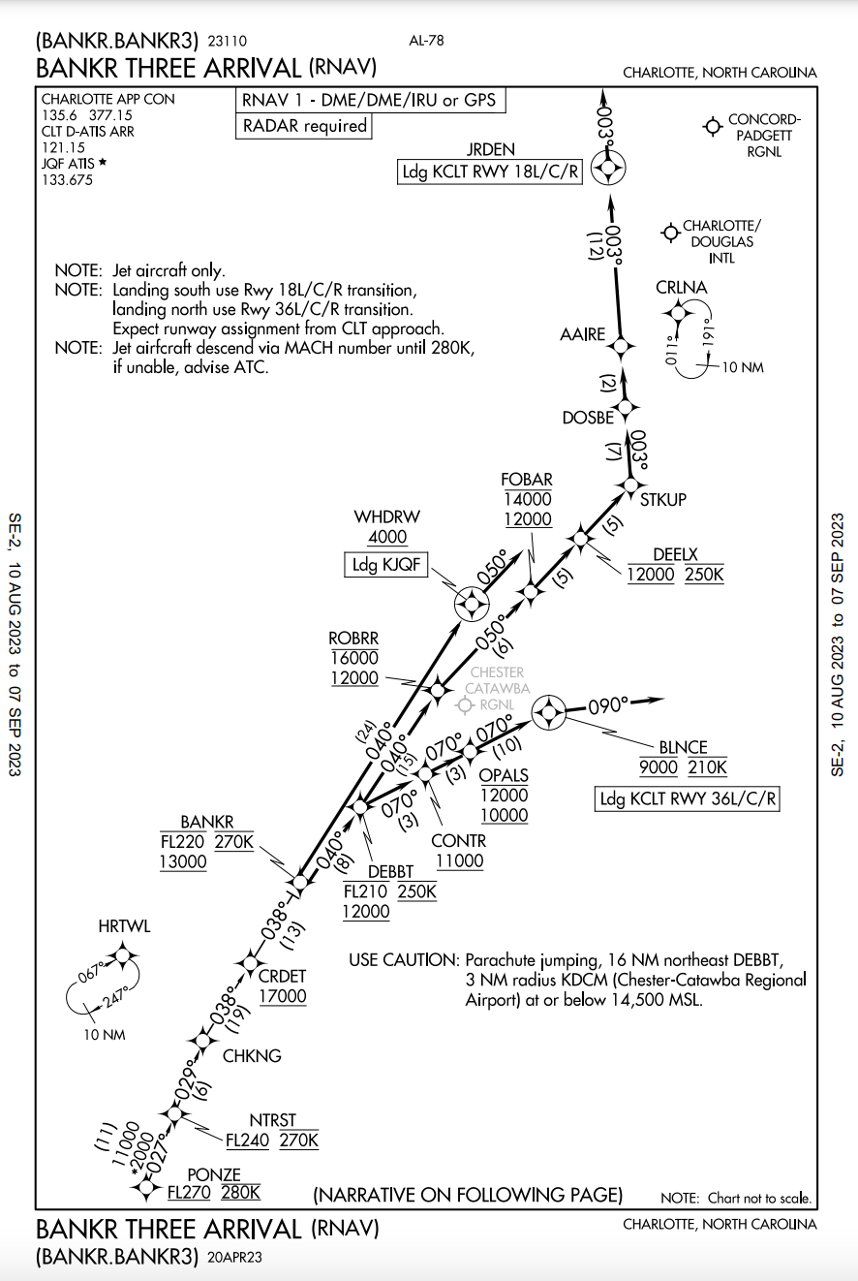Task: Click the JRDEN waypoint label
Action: (x=489, y=148)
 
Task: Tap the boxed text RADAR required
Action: (x=304, y=126)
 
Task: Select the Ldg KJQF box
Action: (x=385, y=565)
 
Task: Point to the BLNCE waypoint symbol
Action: (x=549, y=713)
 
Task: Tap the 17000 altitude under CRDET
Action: (x=283, y=997)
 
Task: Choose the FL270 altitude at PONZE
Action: (x=191, y=1193)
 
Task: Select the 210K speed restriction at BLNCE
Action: (x=707, y=768)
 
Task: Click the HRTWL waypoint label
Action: (x=124, y=926)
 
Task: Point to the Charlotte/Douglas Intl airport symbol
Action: (x=669, y=233)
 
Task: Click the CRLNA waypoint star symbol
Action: (x=677, y=311)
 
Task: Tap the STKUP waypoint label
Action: (x=663, y=500)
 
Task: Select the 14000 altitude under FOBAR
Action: (x=527, y=499)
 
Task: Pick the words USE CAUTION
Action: (x=403, y=960)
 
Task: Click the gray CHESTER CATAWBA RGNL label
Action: (x=496, y=688)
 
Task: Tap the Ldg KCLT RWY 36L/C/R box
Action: (x=687, y=799)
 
